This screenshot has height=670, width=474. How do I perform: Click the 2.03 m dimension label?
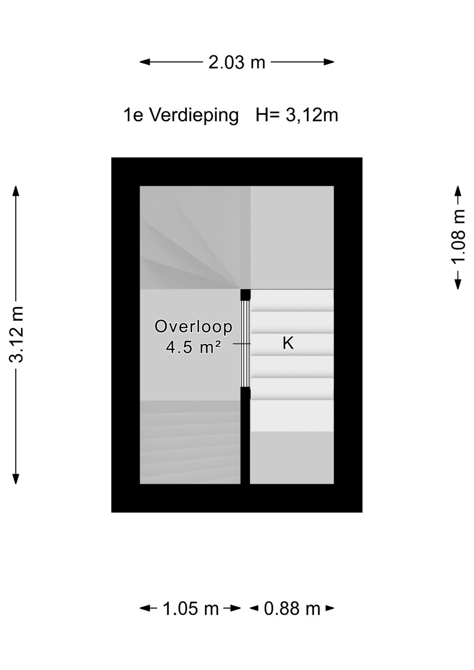(x=237, y=62)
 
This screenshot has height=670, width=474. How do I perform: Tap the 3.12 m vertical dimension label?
(x=16, y=334)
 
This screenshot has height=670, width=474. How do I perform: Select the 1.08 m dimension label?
(x=458, y=236)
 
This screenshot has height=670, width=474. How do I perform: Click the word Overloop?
(x=193, y=326)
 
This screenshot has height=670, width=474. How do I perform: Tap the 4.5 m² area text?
(x=193, y=348)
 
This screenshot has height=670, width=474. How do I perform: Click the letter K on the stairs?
(x=288, y=343)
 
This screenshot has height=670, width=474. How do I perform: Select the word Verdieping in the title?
(x=194, y=115)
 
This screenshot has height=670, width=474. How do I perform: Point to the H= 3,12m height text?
(x=297, y=115)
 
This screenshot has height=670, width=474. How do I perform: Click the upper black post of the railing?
(x=245, y=294)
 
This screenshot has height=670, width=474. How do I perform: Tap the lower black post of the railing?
(x=245, y=393)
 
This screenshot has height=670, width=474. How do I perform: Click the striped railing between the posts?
(x=245, y=344)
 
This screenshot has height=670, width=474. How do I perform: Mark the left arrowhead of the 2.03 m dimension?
(x=145, y=62)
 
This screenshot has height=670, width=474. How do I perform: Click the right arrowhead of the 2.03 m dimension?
(x=329, y=62)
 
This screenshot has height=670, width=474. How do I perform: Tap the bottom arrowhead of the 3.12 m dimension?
(x=16, y=479)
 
